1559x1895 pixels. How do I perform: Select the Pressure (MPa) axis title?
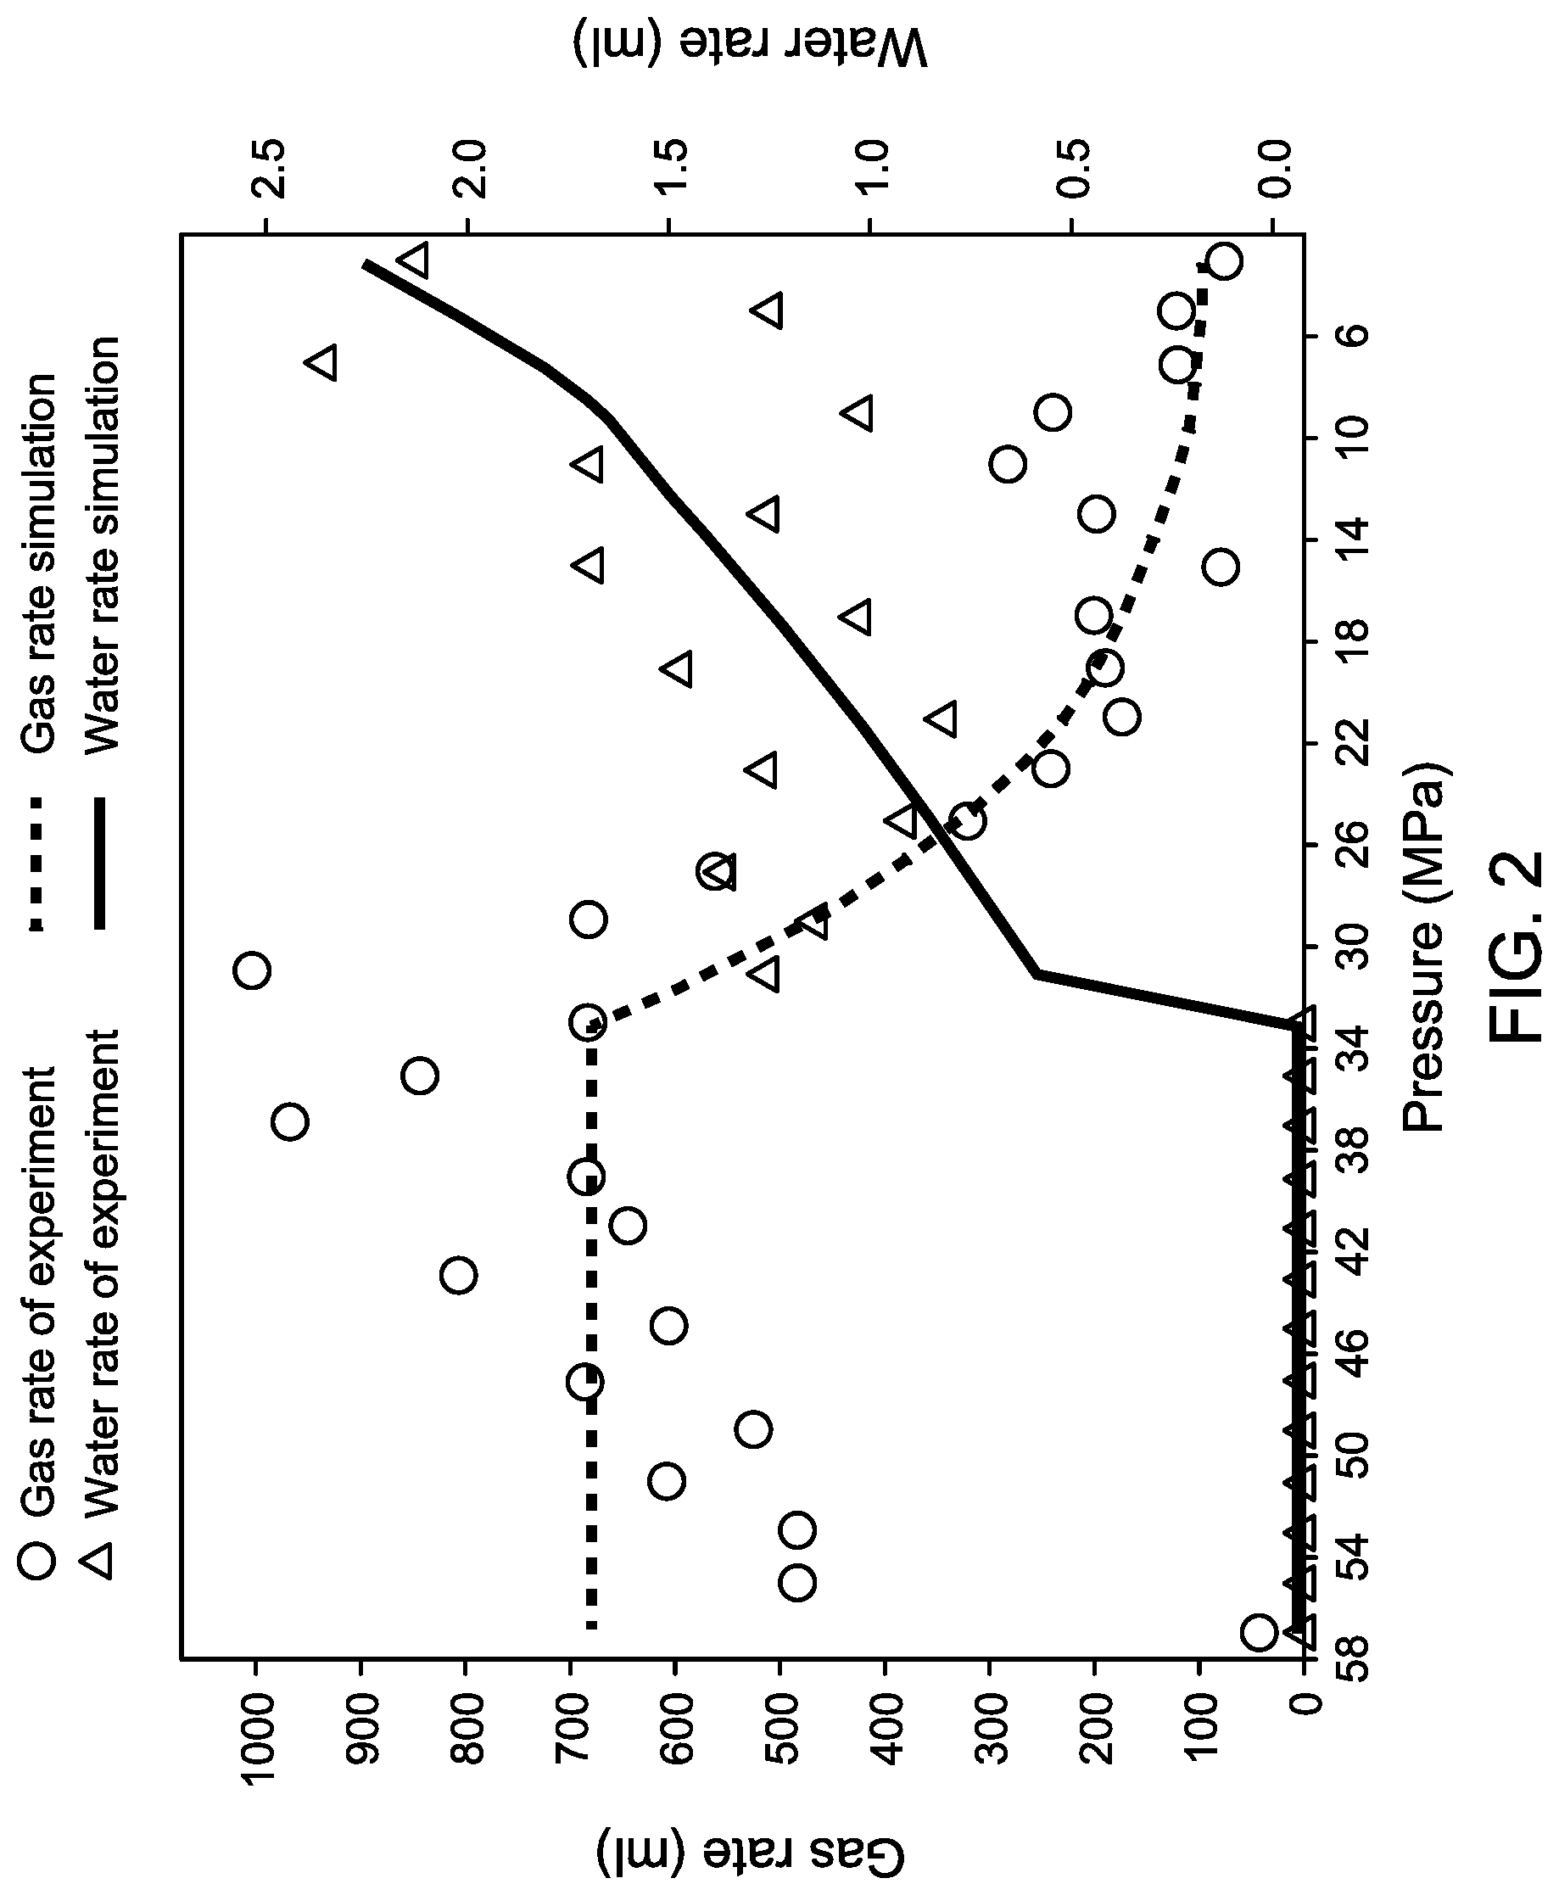(1427, 947)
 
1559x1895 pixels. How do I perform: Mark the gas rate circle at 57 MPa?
(1258, 1632)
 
